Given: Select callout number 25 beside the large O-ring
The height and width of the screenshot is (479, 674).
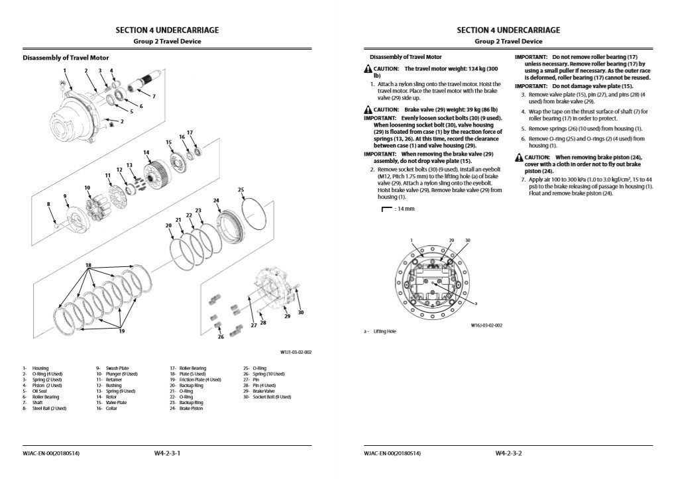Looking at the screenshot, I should click(241, 189).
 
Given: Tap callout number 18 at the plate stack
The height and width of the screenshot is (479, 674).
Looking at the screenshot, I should click(87, 265).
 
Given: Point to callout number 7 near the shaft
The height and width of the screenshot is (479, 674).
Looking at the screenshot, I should click(154, 97).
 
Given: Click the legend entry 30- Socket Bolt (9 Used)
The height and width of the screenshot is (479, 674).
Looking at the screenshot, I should click(266, 396).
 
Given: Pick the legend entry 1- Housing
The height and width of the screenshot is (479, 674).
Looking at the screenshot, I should click(35, 367).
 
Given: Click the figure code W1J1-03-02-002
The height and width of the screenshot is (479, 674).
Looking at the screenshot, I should click(296, 352).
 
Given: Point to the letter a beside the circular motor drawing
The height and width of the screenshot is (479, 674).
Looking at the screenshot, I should click(476, 303).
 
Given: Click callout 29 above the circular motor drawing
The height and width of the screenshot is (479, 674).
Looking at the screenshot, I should click(452, 240).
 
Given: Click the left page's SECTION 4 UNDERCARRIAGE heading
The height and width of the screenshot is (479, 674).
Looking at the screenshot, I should click(167, 30).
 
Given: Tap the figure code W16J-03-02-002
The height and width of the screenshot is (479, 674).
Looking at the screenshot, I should click(487, 325).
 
